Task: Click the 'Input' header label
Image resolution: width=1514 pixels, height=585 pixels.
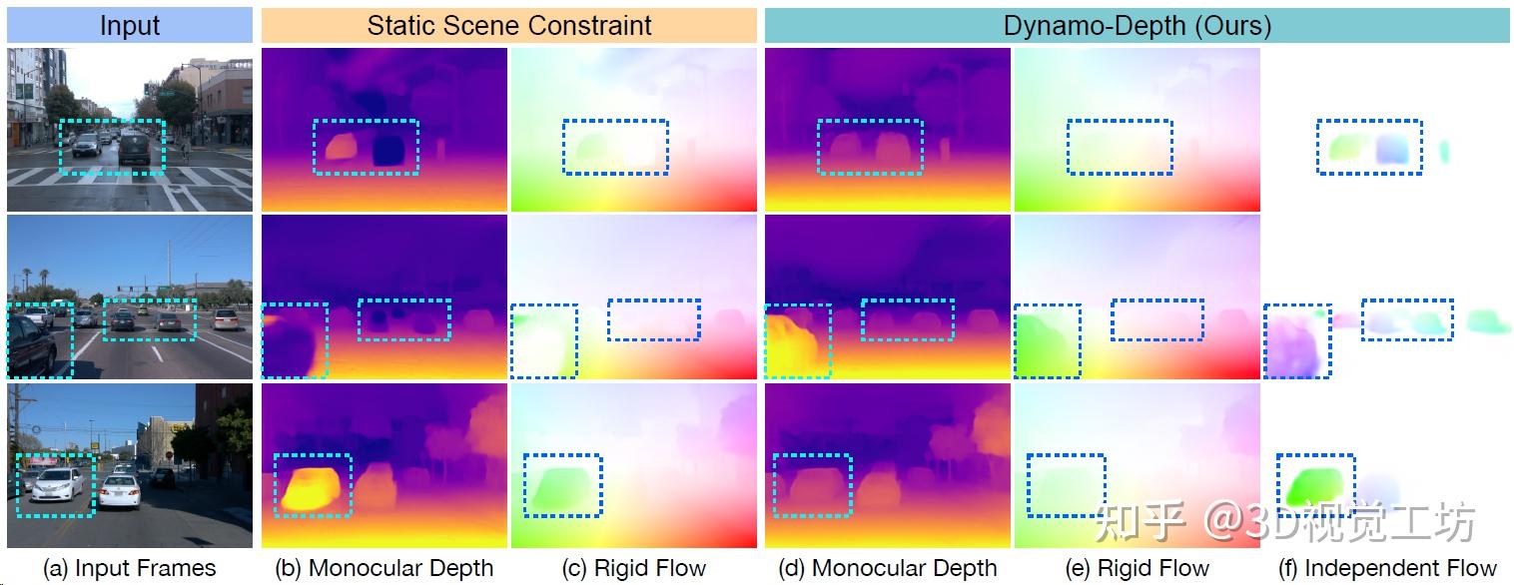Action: (x=130, y=25)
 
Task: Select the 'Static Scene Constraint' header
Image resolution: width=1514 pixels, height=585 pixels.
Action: (x=509, y=25)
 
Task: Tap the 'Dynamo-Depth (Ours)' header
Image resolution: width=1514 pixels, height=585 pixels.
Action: (x=1136, y=25)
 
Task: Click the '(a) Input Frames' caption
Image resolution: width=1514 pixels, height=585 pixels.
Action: (x=129, y=568)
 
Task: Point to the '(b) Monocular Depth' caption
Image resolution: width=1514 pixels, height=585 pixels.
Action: (x=384, y=568)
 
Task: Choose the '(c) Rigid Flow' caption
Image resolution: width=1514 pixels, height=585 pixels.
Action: (x=634, y=568)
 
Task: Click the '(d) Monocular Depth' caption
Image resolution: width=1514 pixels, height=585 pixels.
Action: (x=888, y=568)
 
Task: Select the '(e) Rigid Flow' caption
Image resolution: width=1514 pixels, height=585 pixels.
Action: (x=1137, y=568)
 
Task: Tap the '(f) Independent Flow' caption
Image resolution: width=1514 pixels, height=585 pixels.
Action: (x=1387, y=568)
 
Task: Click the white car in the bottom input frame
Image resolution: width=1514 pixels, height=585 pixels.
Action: (x=58, y=484)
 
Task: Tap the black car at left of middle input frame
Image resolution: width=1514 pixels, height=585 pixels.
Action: (x=32, y=344)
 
